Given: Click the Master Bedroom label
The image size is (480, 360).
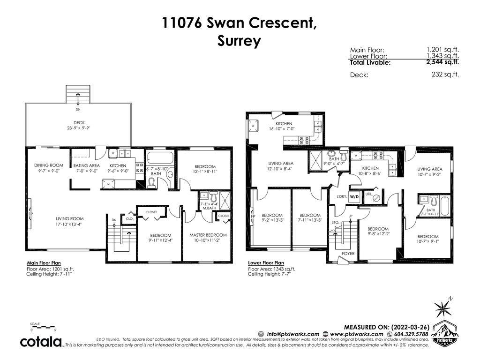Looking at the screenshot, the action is coord(208,235).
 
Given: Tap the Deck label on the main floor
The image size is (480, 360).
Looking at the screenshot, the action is coord(79,122).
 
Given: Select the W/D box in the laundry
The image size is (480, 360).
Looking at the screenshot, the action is coord(354,196).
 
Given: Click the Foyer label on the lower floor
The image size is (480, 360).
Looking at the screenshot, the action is coord(348,254).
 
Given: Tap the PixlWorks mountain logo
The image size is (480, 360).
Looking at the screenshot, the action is coord(445,333).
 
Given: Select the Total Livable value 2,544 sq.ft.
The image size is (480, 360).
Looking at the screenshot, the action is coord(442,62).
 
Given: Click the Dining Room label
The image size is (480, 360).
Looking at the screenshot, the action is coord(48,165).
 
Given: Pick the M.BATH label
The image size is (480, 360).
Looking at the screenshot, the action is coord(210,208).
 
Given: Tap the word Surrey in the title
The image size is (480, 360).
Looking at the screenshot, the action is coord(239,41).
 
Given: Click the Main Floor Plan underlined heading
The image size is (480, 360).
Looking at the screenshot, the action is coord(44,263).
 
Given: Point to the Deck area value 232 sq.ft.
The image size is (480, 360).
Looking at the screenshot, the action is coord(445,75).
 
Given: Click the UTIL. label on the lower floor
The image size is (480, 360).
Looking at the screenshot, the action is coord(368,194).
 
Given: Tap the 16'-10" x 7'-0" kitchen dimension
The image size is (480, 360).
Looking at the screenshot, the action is coord(284,129).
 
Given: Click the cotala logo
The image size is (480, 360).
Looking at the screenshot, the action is coord(41,342).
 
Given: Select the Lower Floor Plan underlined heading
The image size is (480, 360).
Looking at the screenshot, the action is coord(266,263).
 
